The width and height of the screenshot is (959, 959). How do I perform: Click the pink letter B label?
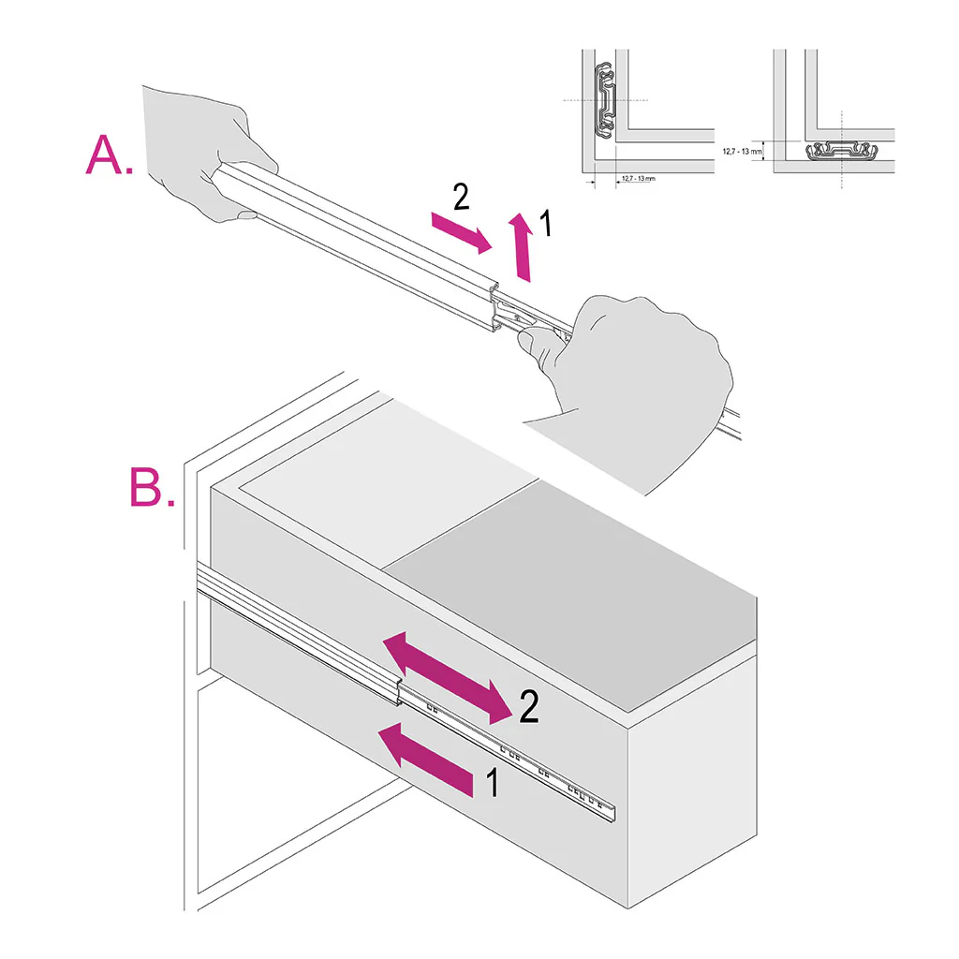150,486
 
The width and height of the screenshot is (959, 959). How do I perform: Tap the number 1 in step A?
548,225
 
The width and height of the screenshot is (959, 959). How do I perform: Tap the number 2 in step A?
459,198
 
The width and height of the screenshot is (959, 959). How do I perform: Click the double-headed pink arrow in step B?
448,677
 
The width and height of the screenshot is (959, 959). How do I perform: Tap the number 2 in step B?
528,708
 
